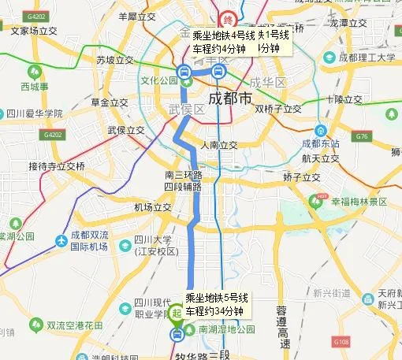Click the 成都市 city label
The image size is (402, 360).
231,98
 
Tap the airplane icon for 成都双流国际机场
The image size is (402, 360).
63,241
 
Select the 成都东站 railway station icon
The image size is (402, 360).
320,130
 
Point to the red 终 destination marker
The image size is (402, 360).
229,18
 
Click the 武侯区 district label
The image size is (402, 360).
186,109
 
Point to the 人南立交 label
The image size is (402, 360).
218,145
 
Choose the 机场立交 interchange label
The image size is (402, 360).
152,207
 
